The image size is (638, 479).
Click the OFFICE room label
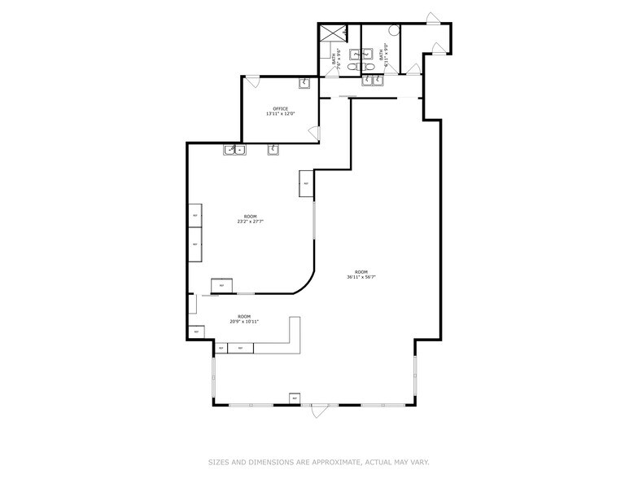[x=280, y=108]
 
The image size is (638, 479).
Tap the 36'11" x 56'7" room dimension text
[x=361, y=277]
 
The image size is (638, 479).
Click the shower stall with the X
[x=333, y=33]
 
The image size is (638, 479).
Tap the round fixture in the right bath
[x=394, y=30]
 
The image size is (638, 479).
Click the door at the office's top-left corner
[x=252, y=81]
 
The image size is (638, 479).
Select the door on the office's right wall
[x=317, y=133]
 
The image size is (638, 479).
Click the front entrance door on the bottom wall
[x=323, y=410]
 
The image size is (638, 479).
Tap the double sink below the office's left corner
[x=234, y=149]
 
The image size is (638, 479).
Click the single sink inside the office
[x=305, y=82]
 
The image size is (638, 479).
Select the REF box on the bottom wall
[x=295, y=398]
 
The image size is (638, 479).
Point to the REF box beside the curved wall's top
[x=307, y=183]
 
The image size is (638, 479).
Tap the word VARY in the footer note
[x=419, y=461]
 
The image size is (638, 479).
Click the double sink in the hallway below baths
[x=373, y=80]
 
